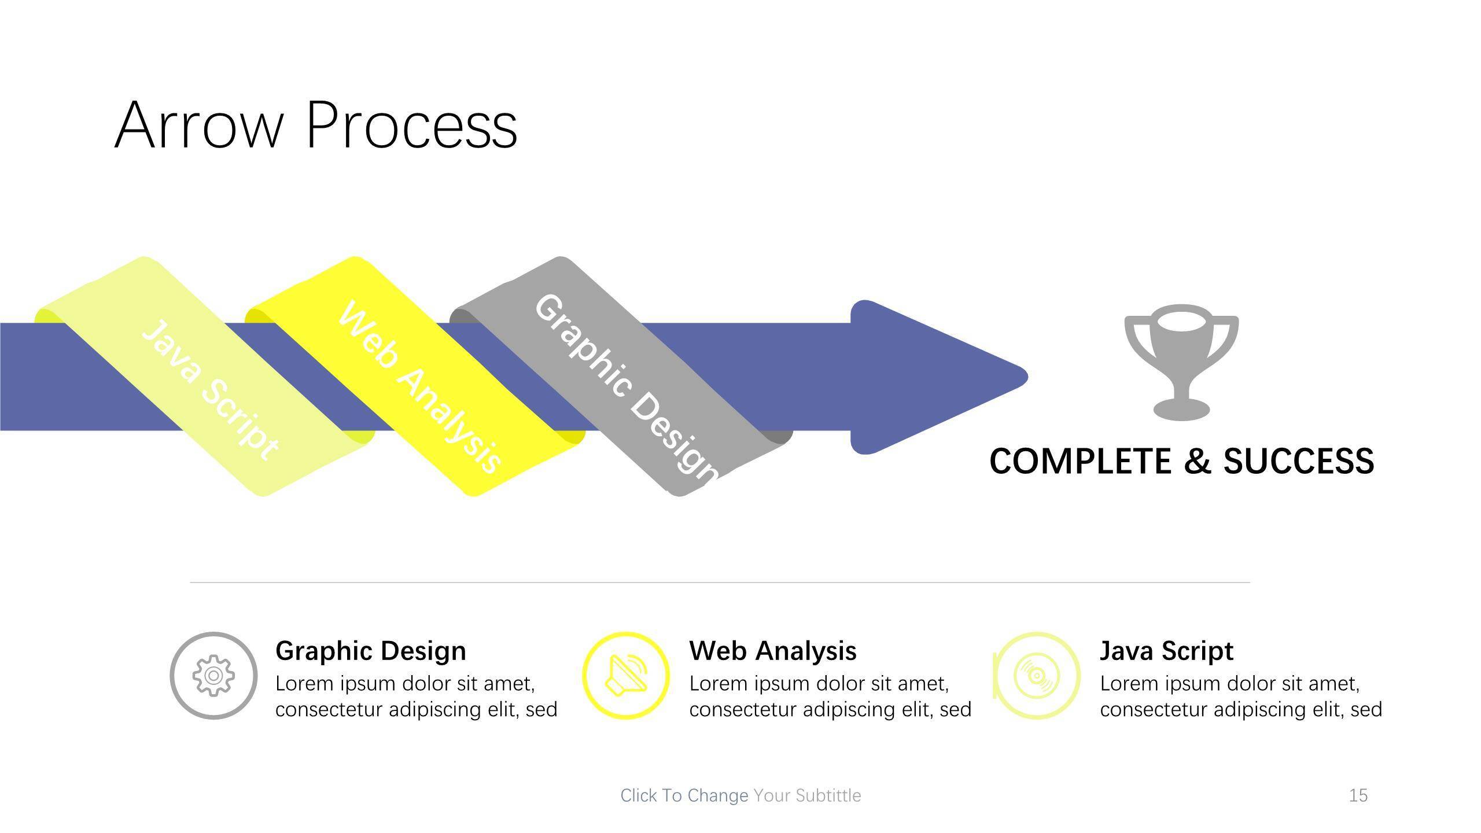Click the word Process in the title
click(411, 126)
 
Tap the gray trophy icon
click(1181, 362)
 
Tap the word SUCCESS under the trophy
click(1299, 461)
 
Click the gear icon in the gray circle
click(213, 676)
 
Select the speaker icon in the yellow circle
click(625, 676)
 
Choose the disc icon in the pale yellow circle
click(1037, 676)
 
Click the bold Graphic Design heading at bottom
click(371, 651)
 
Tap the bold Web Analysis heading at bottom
click(773, 651)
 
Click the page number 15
click(1358, 795)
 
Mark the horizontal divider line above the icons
click(720, 583)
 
